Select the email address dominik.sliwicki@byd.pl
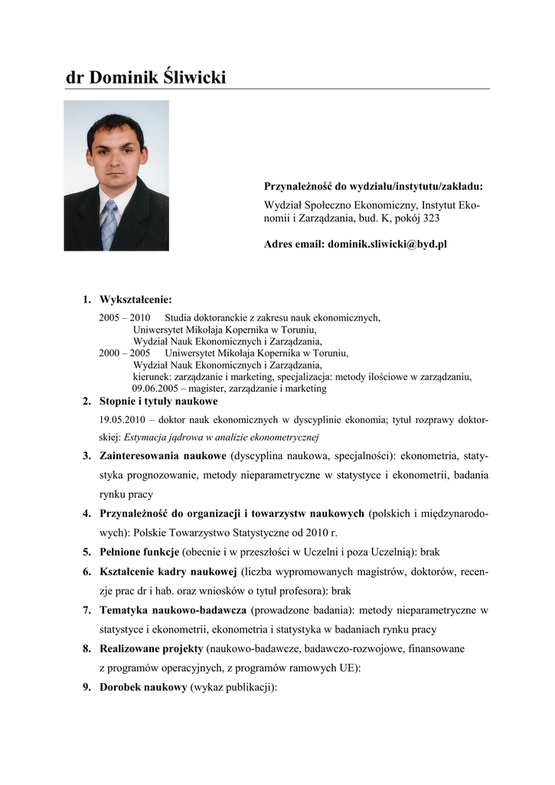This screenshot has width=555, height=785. [387, 245]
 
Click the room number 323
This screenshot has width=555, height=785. [430, 218]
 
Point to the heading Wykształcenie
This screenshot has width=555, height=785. [135, 299]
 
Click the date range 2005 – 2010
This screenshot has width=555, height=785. [125, 317]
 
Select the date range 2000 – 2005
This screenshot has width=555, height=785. [125, 353]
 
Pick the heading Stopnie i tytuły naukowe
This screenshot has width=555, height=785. [158, 401]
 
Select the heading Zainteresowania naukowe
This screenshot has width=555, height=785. [162, 456]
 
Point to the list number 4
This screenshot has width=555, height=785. [87, 514]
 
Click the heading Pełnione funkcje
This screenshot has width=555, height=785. [139, 552]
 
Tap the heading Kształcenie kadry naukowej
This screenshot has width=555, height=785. [168, 572]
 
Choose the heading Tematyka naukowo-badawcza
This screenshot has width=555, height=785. [173, 610]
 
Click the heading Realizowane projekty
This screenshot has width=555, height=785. [151, 649]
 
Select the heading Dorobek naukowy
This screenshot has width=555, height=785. [143, 688]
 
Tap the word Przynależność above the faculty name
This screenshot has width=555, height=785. [299, 186]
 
